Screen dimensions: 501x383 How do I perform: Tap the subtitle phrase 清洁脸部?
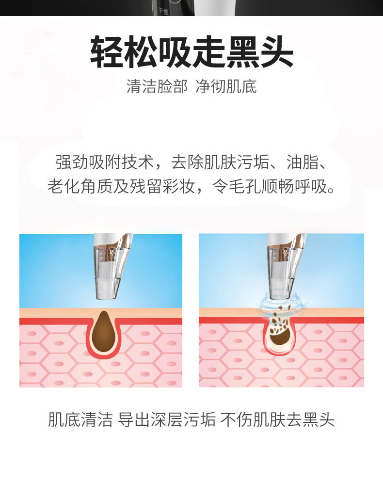156,87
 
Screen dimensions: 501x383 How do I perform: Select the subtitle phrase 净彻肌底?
226,87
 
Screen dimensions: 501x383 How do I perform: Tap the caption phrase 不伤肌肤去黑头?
277,420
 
